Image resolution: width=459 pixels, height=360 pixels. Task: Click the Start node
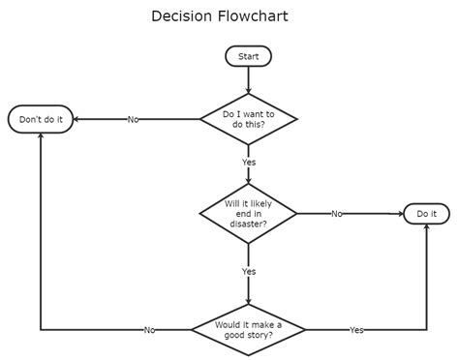click(249, 57)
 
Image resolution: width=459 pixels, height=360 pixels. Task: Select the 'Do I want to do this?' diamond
click(249, 119)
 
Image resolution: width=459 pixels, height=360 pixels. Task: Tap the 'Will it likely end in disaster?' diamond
click(249, 213)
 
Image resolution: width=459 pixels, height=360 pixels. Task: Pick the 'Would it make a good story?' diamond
click(249, 330)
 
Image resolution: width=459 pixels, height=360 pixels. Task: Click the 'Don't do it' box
click(41, 119)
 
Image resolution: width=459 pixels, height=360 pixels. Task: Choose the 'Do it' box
click(426, 213)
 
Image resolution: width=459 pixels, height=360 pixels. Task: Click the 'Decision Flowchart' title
click(220, 16)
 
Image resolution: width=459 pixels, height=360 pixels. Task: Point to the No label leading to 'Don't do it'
click(133, 119)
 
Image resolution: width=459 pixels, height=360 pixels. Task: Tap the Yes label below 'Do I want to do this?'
click(249, 162)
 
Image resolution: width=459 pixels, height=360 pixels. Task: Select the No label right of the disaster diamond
click(336, 213)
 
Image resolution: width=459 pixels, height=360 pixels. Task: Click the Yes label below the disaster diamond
click(249, 272)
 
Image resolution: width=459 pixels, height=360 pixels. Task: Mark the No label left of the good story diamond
click(149, 330)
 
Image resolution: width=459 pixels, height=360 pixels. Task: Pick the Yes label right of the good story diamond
click(356, 330)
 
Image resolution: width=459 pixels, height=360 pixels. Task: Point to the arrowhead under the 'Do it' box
click(426, 228)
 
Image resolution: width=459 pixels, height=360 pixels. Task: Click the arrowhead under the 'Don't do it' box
click(41, 135)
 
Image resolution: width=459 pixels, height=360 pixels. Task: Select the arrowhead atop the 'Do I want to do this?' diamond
click(249, 91)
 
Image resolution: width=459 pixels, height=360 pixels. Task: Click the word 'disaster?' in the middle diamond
click(249, 225)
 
